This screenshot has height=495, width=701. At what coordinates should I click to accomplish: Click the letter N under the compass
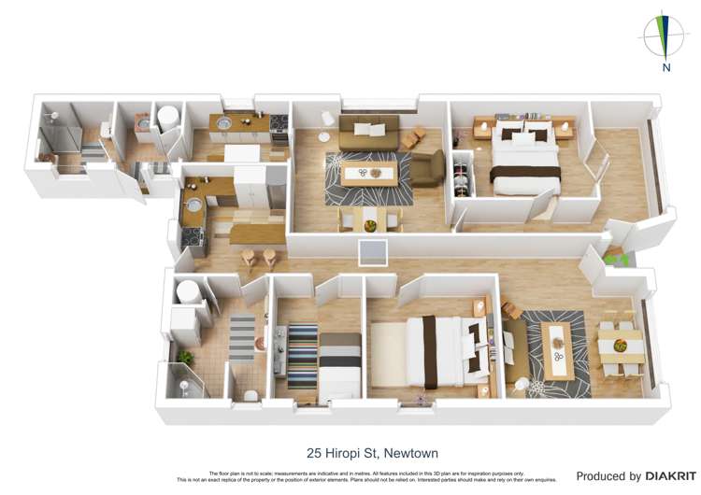pyautogui.click(x=665, y=67)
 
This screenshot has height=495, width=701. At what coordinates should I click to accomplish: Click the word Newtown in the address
pyautogui.click(x=408, y=453)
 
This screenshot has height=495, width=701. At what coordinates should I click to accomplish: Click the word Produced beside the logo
pyautogui.click(x=608, y=476)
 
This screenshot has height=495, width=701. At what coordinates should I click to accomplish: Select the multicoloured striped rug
pyautogui.click(x=302, y=355)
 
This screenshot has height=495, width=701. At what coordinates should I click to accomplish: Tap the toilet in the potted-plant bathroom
pyautogui.click(x=250, y=395)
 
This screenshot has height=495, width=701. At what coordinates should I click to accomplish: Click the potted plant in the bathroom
pyautogui.click(x=185, y=356)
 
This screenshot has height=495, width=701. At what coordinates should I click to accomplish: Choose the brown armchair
pyautogui.click(x=427, y=168)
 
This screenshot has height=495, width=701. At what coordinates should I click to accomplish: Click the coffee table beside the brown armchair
pyautogui.click(x=366, y=173)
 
